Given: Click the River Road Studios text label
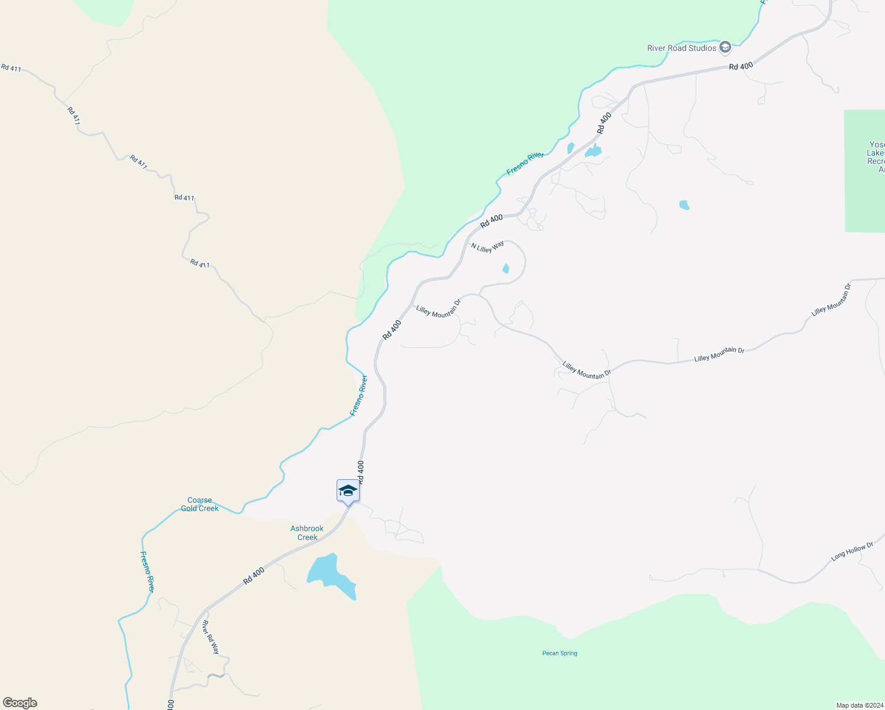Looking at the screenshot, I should pyautogui.click(x=681, y=48).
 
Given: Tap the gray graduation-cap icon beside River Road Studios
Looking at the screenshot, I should pyautogui.click(x=725, y=47).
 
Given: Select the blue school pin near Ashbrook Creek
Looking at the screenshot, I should pyautogui.click(x=348, y=491).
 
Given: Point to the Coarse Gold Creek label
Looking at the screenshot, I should pyautogui.click(x=200, y=504).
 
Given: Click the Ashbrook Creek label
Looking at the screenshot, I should pyautogui.click(x=307, y=532).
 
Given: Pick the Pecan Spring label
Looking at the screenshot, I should pyautogui.click(x=560, y=653).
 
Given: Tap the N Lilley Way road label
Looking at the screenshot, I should pyautogui.click(x=487, y=246).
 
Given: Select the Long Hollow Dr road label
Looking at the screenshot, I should pyautogui.click(x=852, y=551).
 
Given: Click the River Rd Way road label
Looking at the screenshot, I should pyautogui.click(x=211, y=637).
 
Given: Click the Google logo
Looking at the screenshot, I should pyautogui.click(x=20, y=703).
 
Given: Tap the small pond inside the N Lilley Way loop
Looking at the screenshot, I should pyautogui.click(x=506, y=269).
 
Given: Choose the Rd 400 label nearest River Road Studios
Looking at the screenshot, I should pyautogui.click(x=741, y=66).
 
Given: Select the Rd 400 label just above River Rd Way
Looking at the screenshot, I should pyautogui.click(x=254, y=576).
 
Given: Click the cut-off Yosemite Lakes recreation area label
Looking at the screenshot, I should pyautogui.click(x=876, y=157).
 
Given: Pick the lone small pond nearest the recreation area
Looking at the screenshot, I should pyautogui.click(x=684, y=205).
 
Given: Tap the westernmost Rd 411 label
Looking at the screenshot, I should pyautogui.click(x=11, y=68).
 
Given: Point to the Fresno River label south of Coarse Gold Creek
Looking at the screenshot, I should pyautogui.click(x=147, y=572).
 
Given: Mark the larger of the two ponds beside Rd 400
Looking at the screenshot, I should pyautogui.click(x=593, y=151).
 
